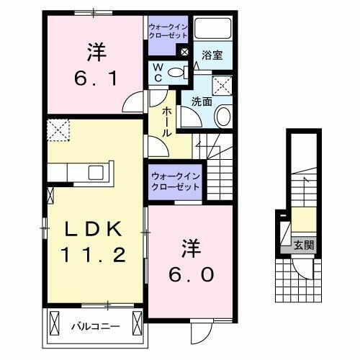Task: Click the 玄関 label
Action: [x=303, y=245]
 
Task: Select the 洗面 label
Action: [x=202, y=102]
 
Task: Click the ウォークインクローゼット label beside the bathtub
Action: [x=168, y=30]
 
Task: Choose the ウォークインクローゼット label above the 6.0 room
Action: [x=176, y=181]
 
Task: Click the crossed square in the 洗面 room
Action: [x=223, y=86]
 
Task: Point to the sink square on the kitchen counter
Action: [x=95, y=174]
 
